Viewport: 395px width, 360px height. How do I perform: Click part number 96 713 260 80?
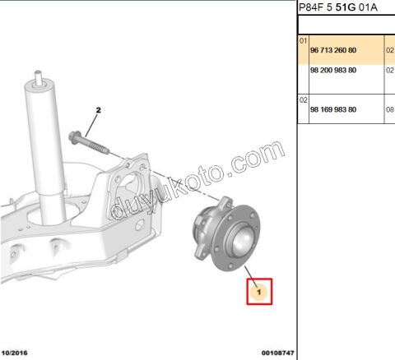333,50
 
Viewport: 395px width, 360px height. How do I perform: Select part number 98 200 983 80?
333,71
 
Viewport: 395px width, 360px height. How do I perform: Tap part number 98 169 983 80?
333,109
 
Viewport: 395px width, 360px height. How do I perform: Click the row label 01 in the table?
303,41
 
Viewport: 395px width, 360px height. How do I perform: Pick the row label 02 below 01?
303,100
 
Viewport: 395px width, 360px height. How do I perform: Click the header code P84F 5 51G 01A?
338,7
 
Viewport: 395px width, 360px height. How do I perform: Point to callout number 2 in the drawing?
99,110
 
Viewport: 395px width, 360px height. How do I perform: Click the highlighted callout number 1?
259,293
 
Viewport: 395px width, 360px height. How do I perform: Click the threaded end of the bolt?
100,148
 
